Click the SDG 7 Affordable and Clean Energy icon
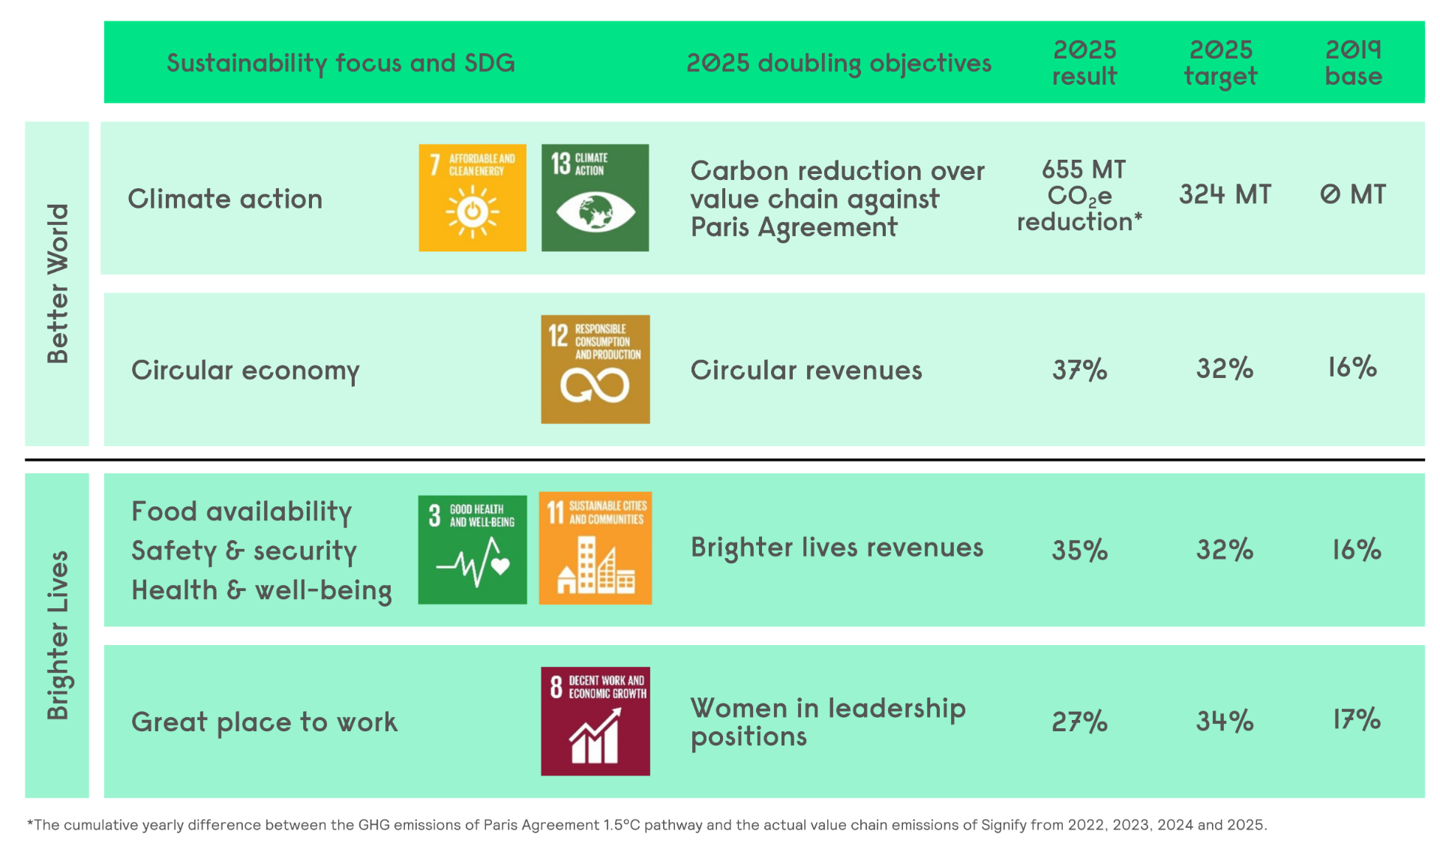coord(472,197)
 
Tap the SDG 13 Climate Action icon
coord(595,197)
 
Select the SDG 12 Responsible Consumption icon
coord(595,369)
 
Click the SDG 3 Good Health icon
coord(472,549)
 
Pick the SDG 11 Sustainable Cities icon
coord(595,548)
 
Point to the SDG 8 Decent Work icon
coord(595,721)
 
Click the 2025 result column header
coord(1084,63)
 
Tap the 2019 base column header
coord(1354,63)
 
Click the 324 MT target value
coord(1225,194)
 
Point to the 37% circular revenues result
coord(1080,369)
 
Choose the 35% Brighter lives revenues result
coord(1080,550)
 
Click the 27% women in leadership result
coord(1080,721)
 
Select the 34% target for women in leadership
coord(1225,721)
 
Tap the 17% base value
coord(1357,719)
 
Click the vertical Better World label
coord(58,283)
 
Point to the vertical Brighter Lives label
coord(58,635)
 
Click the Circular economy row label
coord(245,370)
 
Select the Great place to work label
coord(264,722)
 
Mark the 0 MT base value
coord(1353,194)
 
